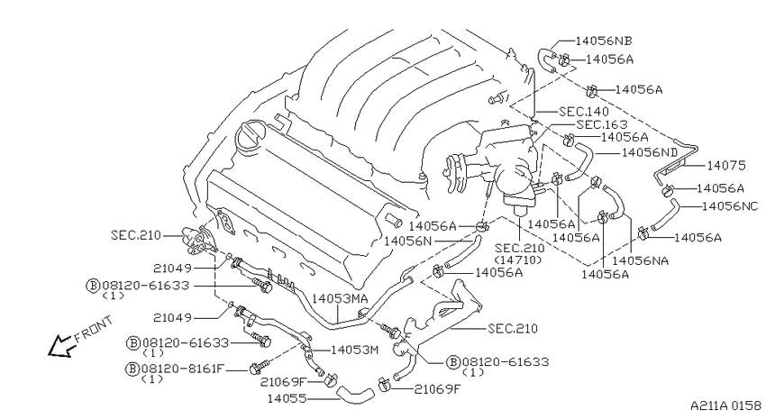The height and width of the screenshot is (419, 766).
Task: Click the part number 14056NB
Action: [x=604, y=41]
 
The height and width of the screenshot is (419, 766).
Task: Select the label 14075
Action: [x=726, y=166]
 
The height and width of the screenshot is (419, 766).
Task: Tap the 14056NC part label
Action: [x=730, y=206]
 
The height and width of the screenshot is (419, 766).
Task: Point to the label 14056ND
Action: [x=650, y=152]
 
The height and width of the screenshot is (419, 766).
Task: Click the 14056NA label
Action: [x=641, y=260]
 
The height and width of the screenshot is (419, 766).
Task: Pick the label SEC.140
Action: [x=584, y=112]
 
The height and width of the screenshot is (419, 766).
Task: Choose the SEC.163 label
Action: [x=601, y=124]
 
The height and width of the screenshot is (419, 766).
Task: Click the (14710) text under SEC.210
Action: [x=518, y=260]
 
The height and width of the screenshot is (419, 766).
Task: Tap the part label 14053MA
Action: [x=340, y=298]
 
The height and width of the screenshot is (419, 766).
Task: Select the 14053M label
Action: [x=355, y=350]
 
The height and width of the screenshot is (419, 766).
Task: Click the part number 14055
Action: [x=287, y=398]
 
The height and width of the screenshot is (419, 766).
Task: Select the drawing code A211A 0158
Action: [x=725, y=405]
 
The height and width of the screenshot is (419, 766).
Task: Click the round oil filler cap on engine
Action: [x=251, y=136]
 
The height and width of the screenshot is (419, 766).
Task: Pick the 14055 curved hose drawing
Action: [x=355, y=393]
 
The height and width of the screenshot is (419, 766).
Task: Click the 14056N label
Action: [x=408, y=241]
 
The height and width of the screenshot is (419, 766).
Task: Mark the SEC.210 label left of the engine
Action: [x=136, y=235]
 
